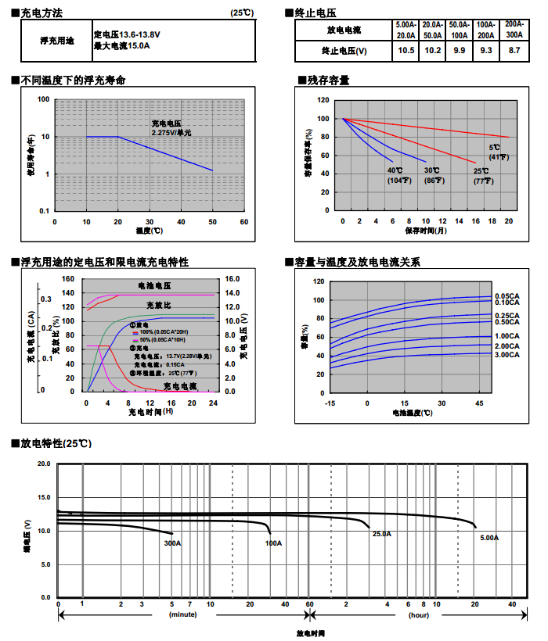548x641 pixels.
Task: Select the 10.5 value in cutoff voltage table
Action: (406, 50)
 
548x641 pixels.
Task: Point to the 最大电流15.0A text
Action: (121, 46)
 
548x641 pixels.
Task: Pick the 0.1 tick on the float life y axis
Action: (44, 211)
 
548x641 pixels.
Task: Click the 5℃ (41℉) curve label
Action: (498, 152)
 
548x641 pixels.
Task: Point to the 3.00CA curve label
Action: (507, 355)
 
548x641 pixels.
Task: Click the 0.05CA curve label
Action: (507, 295)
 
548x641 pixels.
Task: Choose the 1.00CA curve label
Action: (507, 336)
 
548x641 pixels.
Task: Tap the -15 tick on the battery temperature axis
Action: (330, 403)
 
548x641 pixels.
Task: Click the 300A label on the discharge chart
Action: (172, 543)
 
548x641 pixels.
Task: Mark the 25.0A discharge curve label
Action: (381, 534)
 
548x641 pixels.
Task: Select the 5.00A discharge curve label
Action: (489, 538)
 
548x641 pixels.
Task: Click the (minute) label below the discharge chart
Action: (183, 614)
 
